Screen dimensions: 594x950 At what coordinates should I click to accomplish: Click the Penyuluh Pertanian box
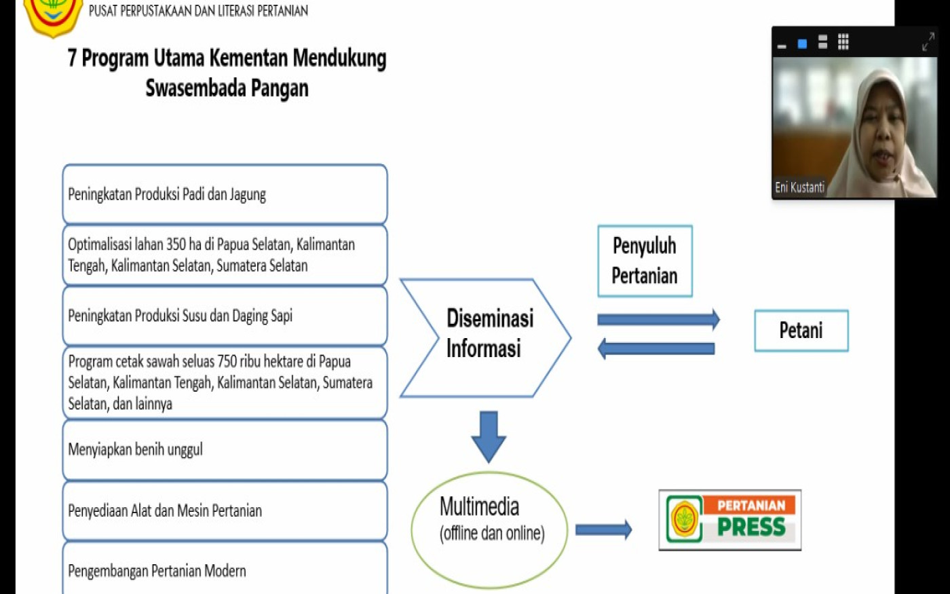tap(645, 261)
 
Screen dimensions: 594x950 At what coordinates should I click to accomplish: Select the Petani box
tap(801, 331)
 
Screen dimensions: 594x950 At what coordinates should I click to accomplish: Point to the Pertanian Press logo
tap(729, 520)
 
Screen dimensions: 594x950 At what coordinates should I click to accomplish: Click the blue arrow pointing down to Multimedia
tap(489, 435)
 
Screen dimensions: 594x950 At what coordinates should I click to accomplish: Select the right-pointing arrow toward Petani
tap(658, 319)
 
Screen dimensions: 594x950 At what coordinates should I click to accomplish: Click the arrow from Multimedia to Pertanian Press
tap(603, 530)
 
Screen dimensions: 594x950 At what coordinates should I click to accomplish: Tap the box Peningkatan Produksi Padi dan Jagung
tap(225, 194)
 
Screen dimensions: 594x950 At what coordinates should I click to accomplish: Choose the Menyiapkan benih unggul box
tap(225, 449)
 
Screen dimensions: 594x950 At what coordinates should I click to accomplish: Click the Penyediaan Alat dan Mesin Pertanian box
tap(225, 511)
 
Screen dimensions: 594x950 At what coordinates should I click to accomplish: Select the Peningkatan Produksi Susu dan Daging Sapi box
tap(225, 316)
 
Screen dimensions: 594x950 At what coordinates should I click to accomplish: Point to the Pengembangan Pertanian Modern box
tap(225, 570)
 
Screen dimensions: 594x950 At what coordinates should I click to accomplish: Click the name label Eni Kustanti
tap(799, 187)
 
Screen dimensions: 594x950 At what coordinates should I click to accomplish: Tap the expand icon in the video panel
tap(928, 42)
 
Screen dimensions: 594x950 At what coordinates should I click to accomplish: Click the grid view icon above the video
tap(843, 42)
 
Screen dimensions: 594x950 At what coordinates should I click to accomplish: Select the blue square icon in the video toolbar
tap(802, 44)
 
